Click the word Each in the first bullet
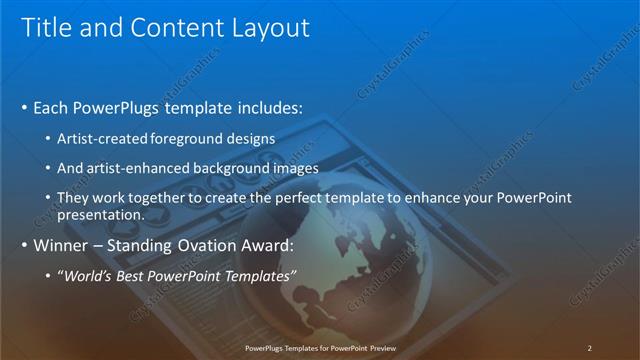tap(52, 107)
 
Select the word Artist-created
tap(105, 138)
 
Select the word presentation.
tap(102, 214)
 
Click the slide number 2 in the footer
tap(589, 347)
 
